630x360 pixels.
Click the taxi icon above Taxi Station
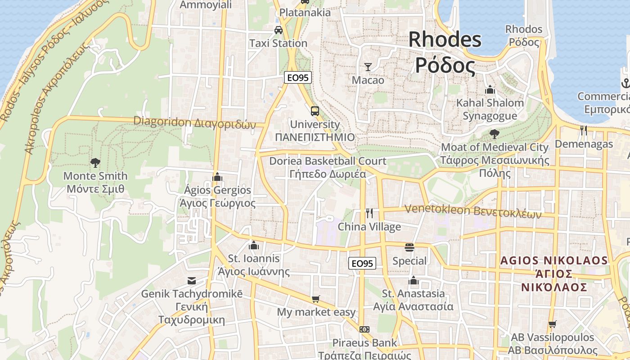(x=279, y=30)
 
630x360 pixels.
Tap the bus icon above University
(x=315, y=111)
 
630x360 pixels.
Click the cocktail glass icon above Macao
(x=368, y=67)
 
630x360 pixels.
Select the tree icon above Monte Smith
(x=95, y=162)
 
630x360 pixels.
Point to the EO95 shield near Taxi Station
(x=298, y=77)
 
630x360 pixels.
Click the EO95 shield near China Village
(x=362, y=263)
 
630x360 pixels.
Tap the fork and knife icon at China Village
(x=369, y=213)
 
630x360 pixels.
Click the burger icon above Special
(x=409, y=247)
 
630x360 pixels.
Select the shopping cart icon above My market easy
(x=316, y=299)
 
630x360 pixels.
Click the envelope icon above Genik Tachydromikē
(x=192, y=281)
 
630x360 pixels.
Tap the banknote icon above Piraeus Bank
(x=364, y=329)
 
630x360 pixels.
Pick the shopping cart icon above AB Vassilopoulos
(x=553, y=324)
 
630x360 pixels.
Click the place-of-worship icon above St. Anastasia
(x=414, y=281)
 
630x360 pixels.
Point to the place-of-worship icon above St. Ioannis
(x=254, y=245)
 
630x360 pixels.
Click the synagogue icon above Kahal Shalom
(x=490, y=90)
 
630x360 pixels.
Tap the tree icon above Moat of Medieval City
(x=495, y=134)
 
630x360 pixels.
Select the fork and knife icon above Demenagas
(x=584, y=130)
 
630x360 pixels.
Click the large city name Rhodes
(x=445, y=40)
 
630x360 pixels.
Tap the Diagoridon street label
(x=194, y=122)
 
